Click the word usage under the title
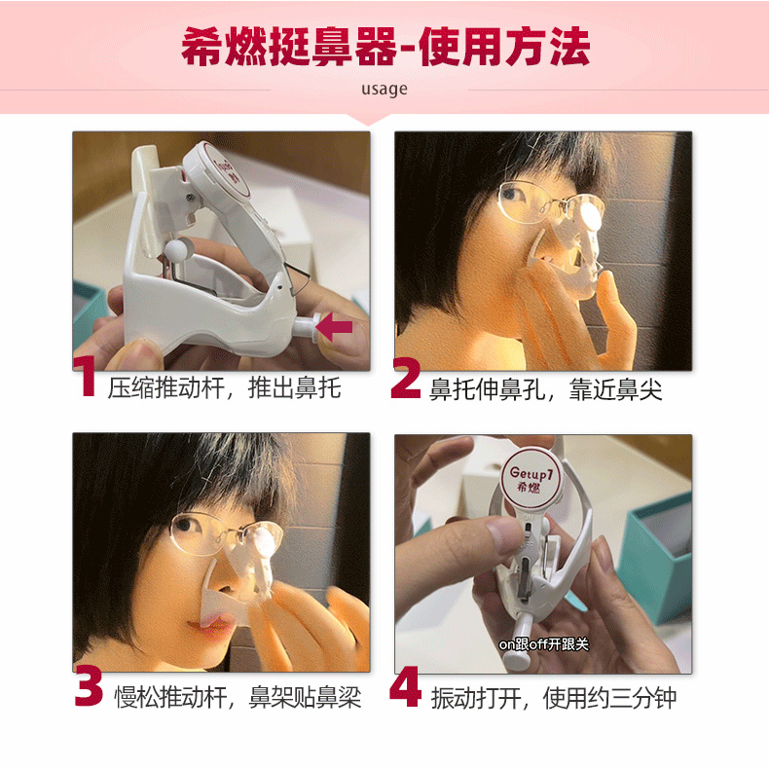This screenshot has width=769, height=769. tap(384, 90)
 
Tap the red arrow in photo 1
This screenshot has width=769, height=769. tap(335, 326)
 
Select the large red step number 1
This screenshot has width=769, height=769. tap(87, 376)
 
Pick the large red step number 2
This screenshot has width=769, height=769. tap(406, 378)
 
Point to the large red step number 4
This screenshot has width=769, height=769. tap(405, 686)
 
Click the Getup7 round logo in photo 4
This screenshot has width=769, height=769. tap(531, 478)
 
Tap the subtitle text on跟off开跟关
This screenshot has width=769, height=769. tap(543, 644)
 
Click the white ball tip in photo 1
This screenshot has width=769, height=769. tap(177, 249)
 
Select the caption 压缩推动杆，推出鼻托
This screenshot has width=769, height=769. tap(224, 389)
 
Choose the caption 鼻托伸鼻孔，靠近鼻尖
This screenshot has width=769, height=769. tap(546, 390)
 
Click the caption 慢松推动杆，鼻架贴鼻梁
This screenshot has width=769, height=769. tap(238, 697)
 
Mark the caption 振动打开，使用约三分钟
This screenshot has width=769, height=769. tap(554, 697)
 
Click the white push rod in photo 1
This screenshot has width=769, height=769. tap(305, 326)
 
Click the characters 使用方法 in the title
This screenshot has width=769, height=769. tap(505, 47)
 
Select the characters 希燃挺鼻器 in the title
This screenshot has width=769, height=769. tap(288, 47)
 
